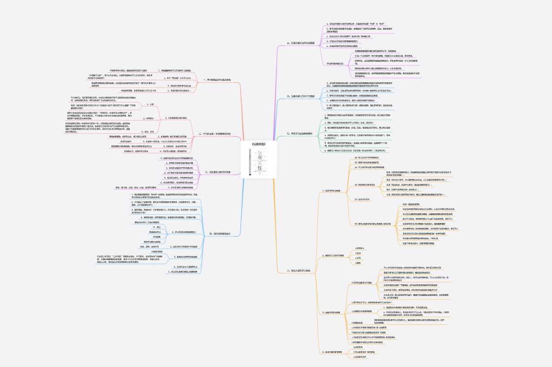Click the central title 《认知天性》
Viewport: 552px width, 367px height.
click(259, 144)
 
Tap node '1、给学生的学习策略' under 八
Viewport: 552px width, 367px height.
click(334, 190)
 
